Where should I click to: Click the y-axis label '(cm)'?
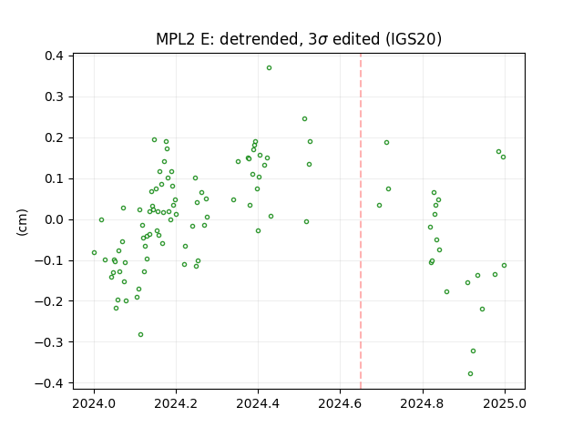[22, 222]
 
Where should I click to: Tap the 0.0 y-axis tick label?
[55, 219]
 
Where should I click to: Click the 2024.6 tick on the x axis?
[340, 390]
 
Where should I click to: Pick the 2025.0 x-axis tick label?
[505, 403]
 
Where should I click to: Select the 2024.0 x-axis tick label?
[94, 403]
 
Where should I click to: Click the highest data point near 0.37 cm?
[270, 68]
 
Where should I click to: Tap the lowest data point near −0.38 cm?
[470, 374]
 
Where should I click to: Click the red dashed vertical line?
[361, 221]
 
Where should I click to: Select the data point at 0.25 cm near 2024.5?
[304, 119]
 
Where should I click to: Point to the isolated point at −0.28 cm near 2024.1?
[140, 335]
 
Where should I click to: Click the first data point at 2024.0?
[94, 253]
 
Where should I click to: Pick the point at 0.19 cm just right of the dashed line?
[386, 143]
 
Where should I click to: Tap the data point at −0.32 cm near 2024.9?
[473, 351]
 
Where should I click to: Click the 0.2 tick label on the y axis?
[55, 137]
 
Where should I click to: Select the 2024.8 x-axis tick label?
[422, 403]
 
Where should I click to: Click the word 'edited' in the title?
[356, 39]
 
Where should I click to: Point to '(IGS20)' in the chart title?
[414, 39]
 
